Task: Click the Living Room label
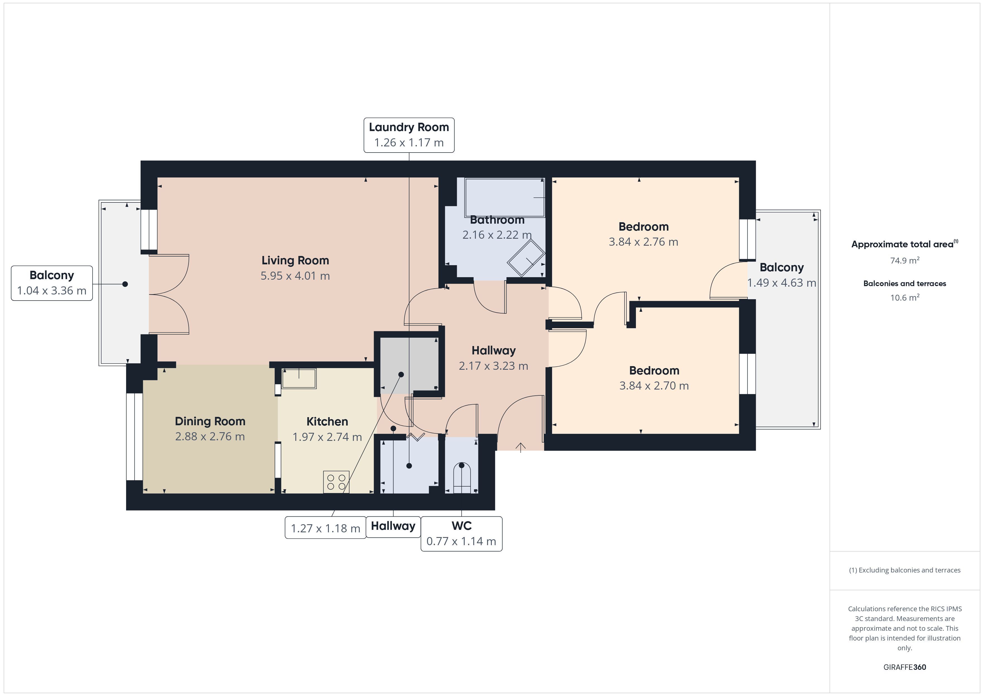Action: click(295, 260)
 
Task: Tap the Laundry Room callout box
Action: click(409, 135)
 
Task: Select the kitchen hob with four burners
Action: click(336, 482)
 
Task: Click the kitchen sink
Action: click(299, 378)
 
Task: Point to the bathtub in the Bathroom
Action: click(505, 198)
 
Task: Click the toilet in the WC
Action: click(462, 477)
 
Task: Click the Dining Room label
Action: click(210, 421)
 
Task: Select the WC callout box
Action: click(462, 533)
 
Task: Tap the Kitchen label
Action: click(327, 422)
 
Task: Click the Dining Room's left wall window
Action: click(134, 436)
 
